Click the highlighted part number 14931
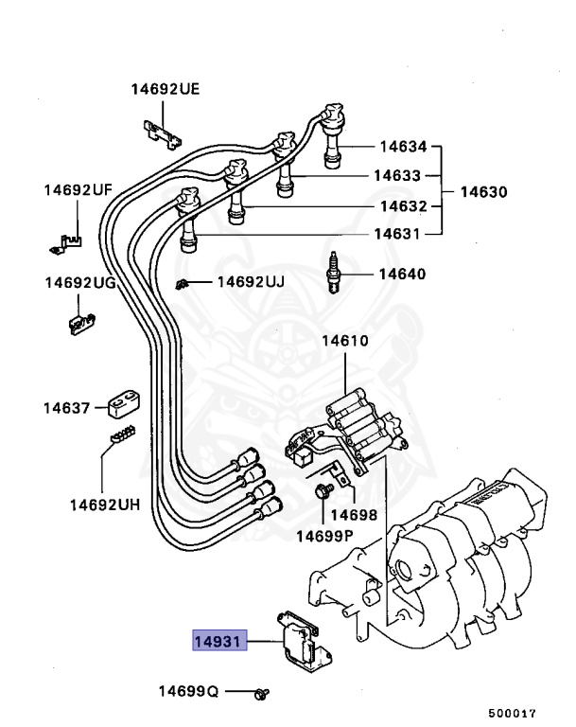point(219,642)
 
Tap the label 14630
point(483,191)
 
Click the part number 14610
point(344,341)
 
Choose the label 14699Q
point(188,693)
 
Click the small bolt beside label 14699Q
point(259,694)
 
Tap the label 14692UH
point(104,505)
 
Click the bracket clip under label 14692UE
point(162,133)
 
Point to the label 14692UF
point(78,190)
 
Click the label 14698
point(357,516)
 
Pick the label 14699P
point(325,537)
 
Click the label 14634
point(404,147)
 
